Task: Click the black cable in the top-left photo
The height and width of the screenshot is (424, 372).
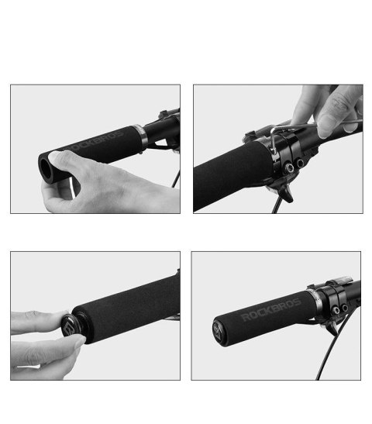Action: pyautogui.click(x=176, y=178)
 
